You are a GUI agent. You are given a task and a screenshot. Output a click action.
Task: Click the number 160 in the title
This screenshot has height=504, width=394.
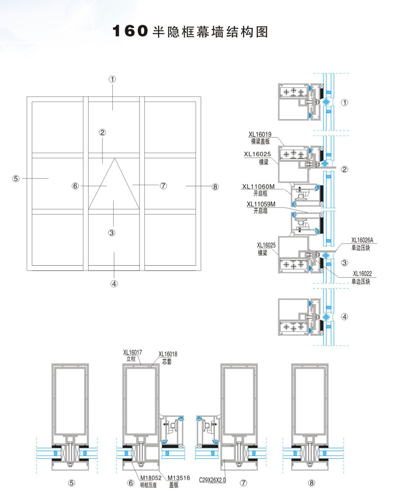click(130, 31)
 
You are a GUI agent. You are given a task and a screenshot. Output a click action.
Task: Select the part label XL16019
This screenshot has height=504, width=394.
click(260, 134)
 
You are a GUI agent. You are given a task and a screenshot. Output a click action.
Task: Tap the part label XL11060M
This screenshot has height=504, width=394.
click(259, 187)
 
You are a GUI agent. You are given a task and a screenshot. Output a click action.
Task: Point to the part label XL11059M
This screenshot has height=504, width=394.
click(261, 204)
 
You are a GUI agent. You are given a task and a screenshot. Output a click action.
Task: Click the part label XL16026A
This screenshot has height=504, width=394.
click(362, 240)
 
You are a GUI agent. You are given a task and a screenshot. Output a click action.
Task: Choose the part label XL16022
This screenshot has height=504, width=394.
click(362, 274)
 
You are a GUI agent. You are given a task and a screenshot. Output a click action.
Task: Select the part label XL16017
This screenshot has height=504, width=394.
click(132, 352)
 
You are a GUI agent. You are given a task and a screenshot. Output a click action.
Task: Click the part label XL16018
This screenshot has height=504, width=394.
click(168, 354)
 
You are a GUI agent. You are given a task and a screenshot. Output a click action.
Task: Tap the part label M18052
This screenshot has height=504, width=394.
click(151, 478)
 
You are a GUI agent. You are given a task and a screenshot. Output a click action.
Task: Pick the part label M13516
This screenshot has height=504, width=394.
click(179, 478)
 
